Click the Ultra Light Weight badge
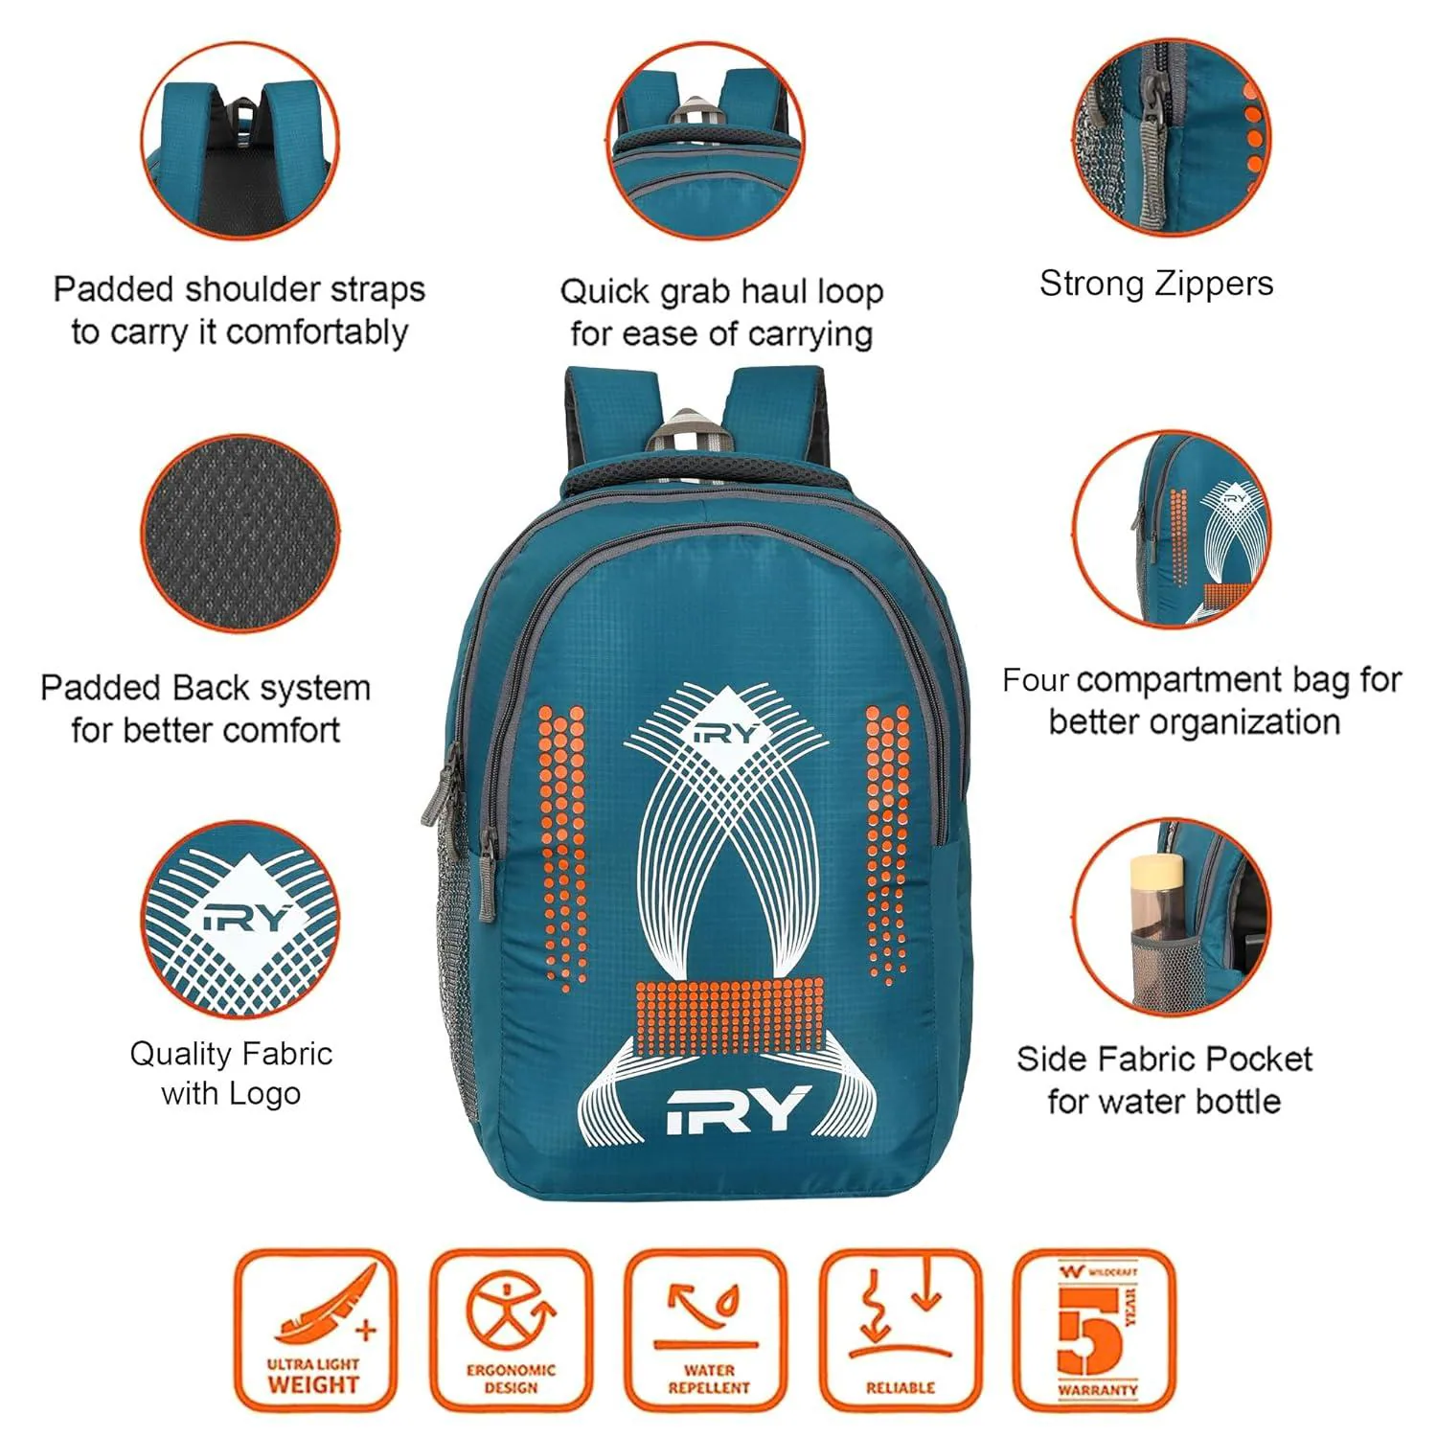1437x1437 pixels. pos(314,1330)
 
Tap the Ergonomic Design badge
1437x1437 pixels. pos(511,1330)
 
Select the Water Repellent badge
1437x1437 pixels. pos(707,1330)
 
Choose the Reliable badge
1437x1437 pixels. pos(901,1330)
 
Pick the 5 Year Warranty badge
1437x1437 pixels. pos(1095,1330)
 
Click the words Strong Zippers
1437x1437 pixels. pos(1156,284)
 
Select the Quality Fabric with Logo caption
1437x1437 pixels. pos(231,1073)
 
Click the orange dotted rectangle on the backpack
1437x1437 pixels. pos(728,1016)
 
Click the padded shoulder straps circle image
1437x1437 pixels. pos(240,140)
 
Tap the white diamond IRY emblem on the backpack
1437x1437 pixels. pos(726,733)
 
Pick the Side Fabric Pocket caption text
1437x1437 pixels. pos(1164,1080)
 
